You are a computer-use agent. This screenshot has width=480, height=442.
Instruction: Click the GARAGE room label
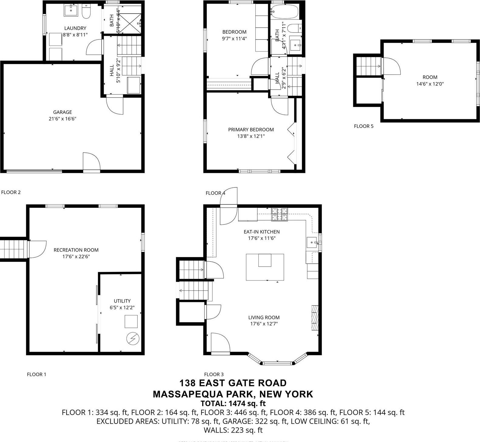(x=62, y=112)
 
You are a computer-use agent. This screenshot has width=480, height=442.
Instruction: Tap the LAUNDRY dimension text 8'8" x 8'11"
(x=75, y=35)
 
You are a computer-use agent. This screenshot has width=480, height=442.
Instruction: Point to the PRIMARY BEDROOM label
(x=251, y=130)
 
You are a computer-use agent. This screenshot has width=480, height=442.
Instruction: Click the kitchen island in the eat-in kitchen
(x=265, y=267)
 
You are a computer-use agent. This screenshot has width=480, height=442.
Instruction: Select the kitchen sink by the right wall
(x=312, y=243)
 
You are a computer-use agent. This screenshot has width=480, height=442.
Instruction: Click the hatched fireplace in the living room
(x=315, y=318)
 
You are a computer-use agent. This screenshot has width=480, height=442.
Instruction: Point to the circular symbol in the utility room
(x=133, y=338)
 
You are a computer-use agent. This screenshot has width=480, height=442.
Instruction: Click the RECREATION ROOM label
(x=76, y=250)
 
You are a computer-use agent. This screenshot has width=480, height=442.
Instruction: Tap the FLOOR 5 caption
(x=364, y=126)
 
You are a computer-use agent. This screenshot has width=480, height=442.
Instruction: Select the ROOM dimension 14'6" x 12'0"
(x=430, y=84)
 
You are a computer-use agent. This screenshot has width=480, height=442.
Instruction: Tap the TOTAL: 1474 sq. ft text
(x=233, y=403)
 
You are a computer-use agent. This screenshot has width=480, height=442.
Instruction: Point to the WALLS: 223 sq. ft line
(x=233, y=430)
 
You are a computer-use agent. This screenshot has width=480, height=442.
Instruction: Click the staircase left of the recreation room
(x=12, y=249)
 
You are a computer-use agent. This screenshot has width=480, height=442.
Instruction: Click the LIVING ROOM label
(x=264, y=317)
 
